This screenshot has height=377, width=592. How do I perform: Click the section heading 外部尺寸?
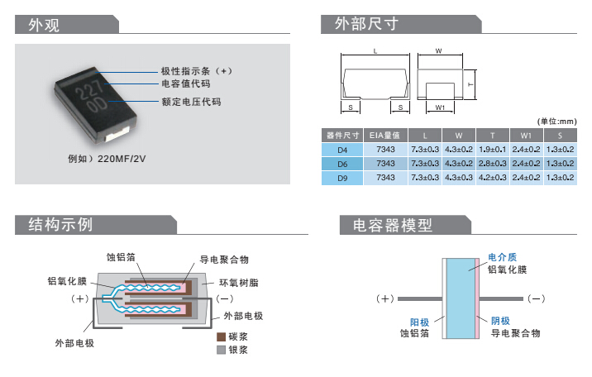point(367,24)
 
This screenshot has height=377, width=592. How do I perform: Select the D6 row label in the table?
point(342,164)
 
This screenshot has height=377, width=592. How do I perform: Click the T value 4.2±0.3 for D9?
point(491,177)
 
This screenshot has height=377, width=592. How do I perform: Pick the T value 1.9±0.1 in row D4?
point(491,150)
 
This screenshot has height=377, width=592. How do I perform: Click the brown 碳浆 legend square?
point(221,337)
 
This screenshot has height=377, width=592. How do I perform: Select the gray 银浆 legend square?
point(221,350)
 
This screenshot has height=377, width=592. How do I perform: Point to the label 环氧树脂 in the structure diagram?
point(239,283)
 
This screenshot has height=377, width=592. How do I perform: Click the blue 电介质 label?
point(502,256)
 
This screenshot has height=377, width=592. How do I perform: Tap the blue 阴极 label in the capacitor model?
point(500,321)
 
